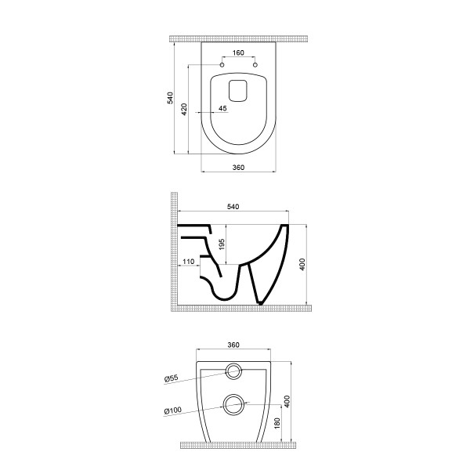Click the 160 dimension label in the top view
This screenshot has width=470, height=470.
pos(238,52)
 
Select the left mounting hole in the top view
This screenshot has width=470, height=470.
pos(222,65)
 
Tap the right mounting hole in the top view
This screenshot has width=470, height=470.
pos(255,65)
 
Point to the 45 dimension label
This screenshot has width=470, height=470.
pos(222,108)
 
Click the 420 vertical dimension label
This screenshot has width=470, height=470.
pos(184,110)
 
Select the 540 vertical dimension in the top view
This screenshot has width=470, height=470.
pos(170,98)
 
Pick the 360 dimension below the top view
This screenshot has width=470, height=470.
pos(238,168)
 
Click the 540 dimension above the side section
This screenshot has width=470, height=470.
pos(233,207)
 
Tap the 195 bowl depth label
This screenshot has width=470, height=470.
pos(222,244)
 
